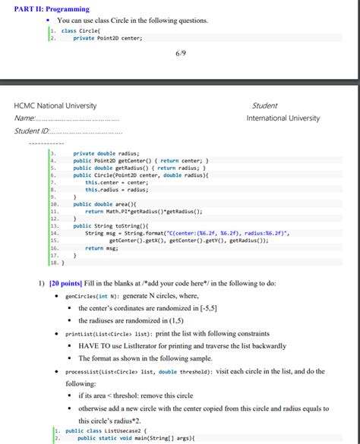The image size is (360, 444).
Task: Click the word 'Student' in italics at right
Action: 264,105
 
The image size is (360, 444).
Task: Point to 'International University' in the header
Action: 283,118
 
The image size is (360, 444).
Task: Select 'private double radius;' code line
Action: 106,153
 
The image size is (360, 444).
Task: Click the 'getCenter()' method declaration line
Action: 141,161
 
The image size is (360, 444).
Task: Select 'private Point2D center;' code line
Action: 107,36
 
